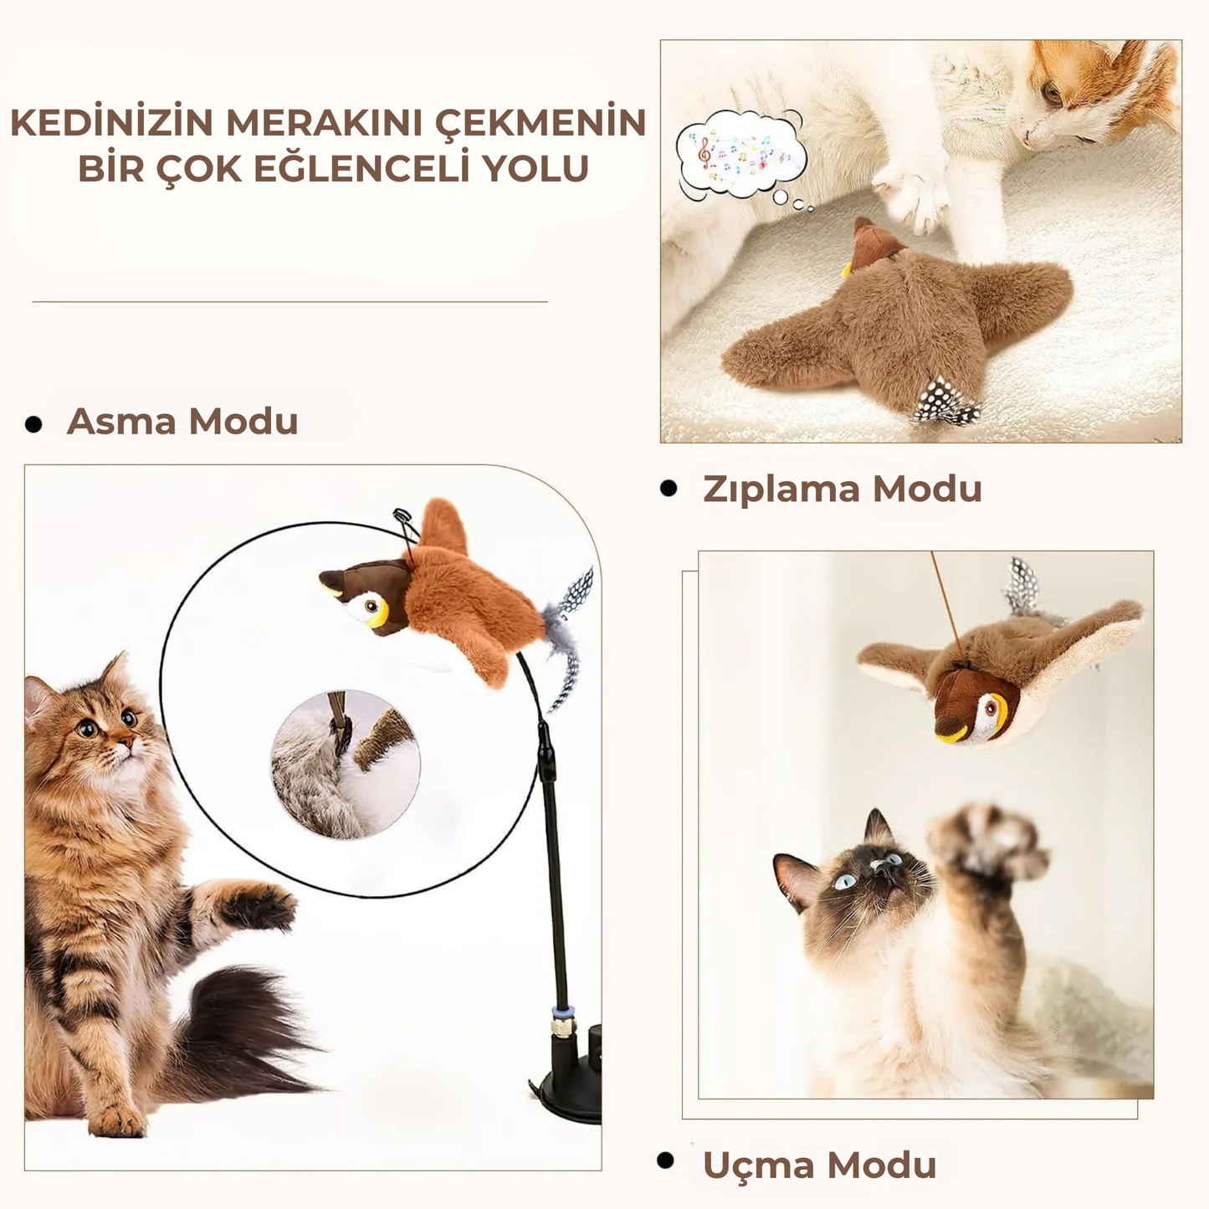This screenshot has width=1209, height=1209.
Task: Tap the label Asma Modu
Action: pos(182,421)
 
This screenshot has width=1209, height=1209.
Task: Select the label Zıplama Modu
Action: pos(842,489)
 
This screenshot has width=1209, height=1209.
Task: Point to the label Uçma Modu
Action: pos(819,1165)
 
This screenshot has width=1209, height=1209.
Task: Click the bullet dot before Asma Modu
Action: pos(33,424)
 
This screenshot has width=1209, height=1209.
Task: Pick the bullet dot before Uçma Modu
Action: pos(666,1160)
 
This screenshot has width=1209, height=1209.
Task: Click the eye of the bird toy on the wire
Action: pos(371,605)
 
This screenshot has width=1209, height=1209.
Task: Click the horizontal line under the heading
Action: pos(289,301)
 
